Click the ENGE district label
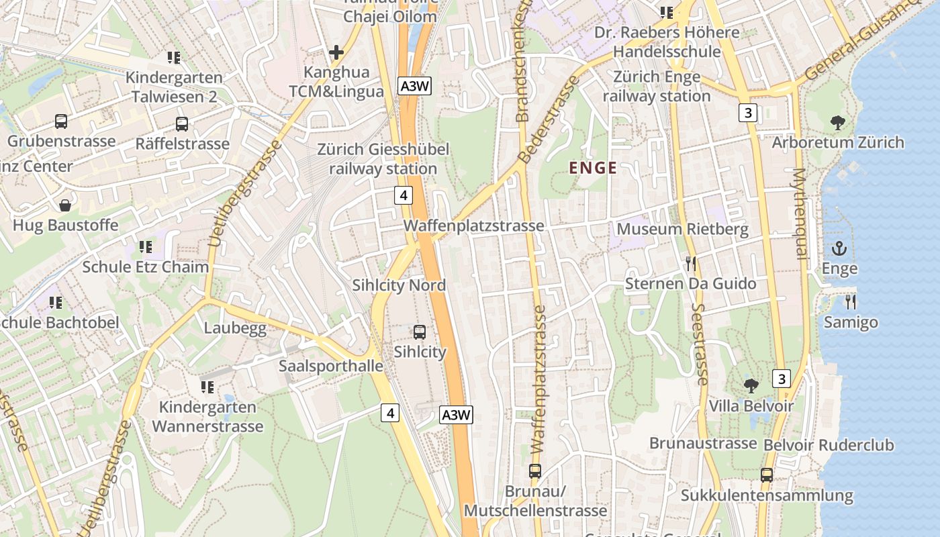pyautogui.click(x=593, y=168)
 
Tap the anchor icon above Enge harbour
pyautogui.click(x=839, y=249)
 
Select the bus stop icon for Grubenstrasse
pyautogui.click(x=61, y=121)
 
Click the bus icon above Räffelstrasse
pyautogui.click(x=182, y=124)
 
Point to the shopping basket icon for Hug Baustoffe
pyautogui.click(x=65, y=205)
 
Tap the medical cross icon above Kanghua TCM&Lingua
pyautogui.click(x=336, y=52)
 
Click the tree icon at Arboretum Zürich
pyautogui.click(x=837, y=122)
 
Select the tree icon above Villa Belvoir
pyautogui.click(x=751, y=385)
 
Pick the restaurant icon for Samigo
pyautogui.click(x=851, y=301)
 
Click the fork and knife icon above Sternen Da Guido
pyautogui.click(x=691, y=263)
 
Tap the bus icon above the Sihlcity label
pyautogui.click(x=420, y=332)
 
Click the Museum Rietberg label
pyautogui.click(x=682, y=229)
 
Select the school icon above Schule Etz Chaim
pyautogui.click(x=145, y=246)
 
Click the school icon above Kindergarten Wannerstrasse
pyautogui.click(x=207, y=387)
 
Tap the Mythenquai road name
pyautogui.click(x=799, y=213)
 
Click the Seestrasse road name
pyautogui.click(x=699, y=344)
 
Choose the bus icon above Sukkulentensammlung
pyautogui.click(x=767, y=475)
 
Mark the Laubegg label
pyautogui.click(x=235, y=328)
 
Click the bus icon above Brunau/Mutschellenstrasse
pyautogui.click(x=535, y=471)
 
